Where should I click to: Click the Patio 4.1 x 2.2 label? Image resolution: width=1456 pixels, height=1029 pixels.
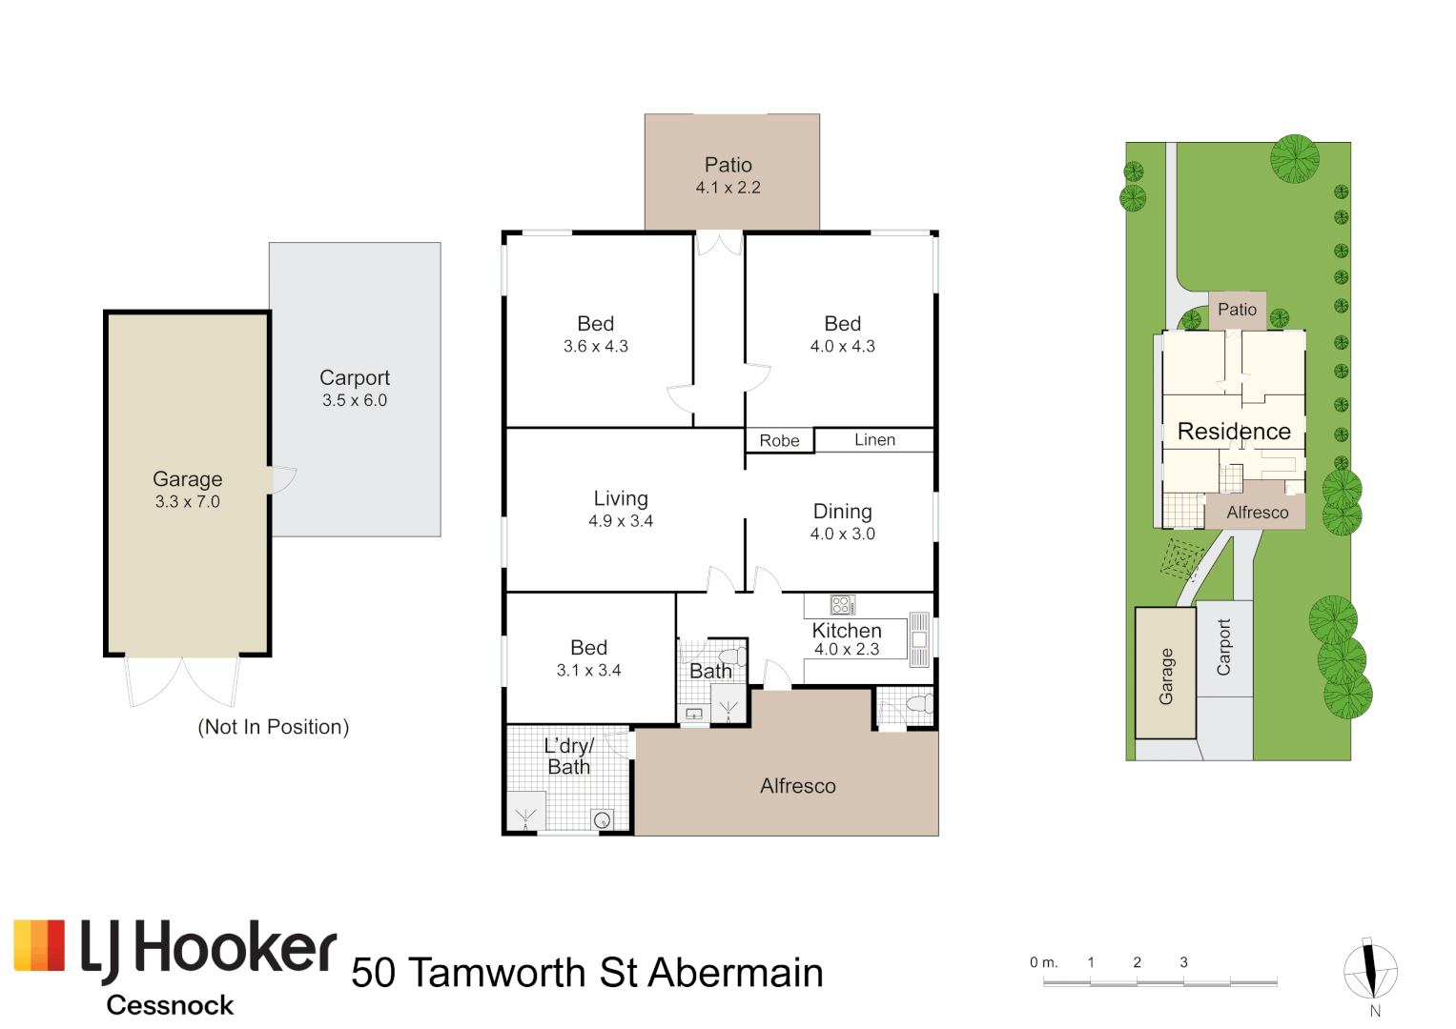728,166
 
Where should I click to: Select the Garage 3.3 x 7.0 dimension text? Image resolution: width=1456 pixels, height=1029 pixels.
188,502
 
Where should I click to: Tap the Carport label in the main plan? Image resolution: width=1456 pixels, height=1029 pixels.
355,378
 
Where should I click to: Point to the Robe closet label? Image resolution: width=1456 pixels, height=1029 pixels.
779,441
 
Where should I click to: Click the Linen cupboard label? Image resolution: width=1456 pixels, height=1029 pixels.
874,440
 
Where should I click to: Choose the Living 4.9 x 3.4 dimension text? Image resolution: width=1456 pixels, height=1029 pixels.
621,521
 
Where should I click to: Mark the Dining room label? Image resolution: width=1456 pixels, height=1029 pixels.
842,512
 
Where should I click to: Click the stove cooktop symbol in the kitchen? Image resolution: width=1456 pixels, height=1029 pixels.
842,605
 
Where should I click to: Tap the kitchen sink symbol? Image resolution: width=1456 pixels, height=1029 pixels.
919,639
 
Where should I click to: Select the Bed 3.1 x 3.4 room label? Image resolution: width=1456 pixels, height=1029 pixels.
588,648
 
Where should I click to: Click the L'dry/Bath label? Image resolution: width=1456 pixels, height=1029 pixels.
568,757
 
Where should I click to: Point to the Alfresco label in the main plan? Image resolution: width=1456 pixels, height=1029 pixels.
798,786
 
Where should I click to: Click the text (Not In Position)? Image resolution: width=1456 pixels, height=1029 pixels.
274,727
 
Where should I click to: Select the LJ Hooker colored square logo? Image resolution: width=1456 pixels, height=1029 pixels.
40,945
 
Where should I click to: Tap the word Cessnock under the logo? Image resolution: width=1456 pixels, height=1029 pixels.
170,1005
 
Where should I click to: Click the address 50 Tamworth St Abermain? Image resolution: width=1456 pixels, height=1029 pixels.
586,973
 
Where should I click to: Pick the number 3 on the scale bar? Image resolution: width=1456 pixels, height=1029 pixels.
1183,962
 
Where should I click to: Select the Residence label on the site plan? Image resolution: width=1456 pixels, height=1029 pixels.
1234,432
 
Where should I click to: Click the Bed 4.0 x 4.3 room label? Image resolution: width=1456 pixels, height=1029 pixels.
842,325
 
